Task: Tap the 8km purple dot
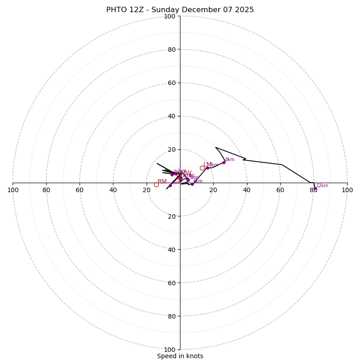tap(224, 162)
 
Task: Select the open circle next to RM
tap(156, 184)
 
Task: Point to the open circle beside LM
tap(202, 168)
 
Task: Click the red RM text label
tap(162, 181)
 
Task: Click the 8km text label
tap(230, 160)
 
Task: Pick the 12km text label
tap(322, 185)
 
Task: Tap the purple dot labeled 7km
tap(207, 168)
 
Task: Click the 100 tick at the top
tap(170, 16)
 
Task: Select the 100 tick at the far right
tap(347, 190)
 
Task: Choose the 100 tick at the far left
tap(13, 190)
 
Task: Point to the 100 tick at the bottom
tap(170, 350)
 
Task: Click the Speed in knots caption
tap(180, 356)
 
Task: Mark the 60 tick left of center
tap(80, 190)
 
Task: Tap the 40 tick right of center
tap(247, 190)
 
